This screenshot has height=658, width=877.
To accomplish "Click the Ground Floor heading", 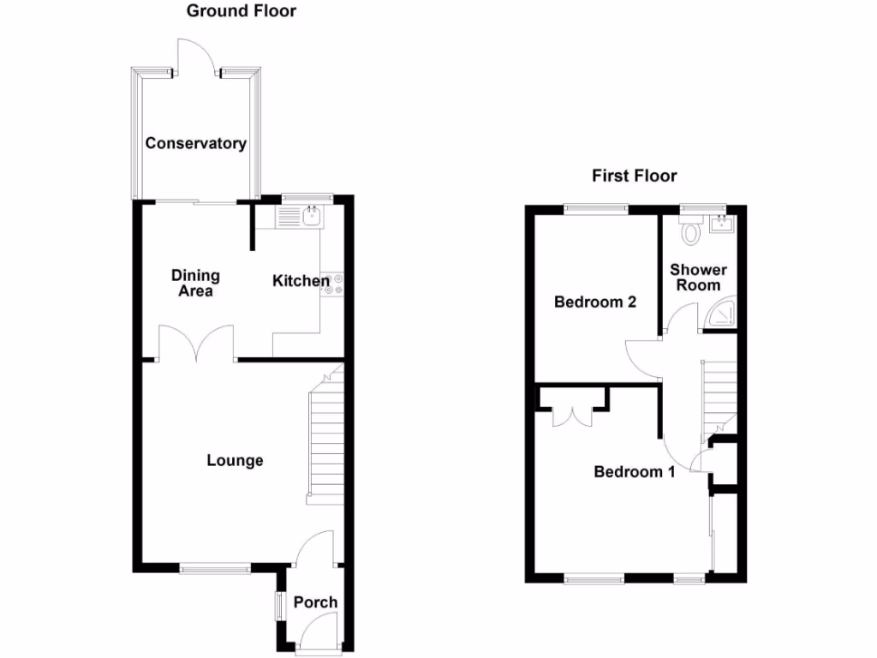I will coord(241,11).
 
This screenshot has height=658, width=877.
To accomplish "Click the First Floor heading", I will coord(634,176).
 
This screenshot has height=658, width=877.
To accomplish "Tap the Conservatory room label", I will coord(195,143).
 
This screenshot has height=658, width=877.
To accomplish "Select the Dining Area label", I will coord(195,283).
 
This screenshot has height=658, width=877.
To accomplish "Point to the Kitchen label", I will coord(301,281).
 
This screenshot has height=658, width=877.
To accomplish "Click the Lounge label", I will coord(235,461).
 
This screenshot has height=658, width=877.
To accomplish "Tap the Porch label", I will coord(315,602).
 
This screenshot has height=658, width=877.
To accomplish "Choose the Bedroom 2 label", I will coord(594,302).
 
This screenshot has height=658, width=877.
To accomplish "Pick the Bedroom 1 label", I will coord(635,471).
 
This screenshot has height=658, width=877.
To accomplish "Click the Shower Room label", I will coord(698,278).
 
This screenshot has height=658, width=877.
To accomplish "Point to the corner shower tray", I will coord(723,314).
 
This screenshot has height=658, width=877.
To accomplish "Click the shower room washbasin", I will coord(722,224).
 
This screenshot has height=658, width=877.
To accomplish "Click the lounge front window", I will coord(214,567).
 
